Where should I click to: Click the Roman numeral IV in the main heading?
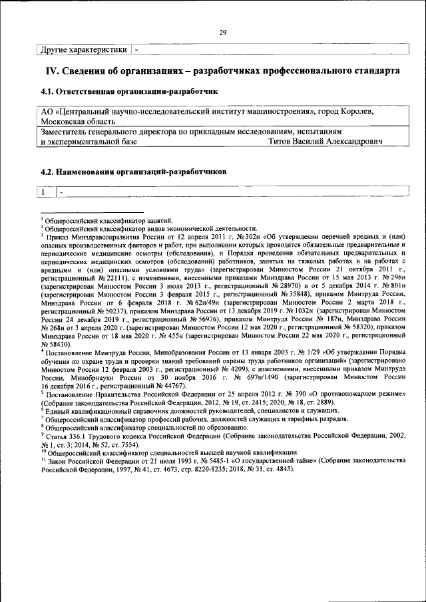coord(53,70)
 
